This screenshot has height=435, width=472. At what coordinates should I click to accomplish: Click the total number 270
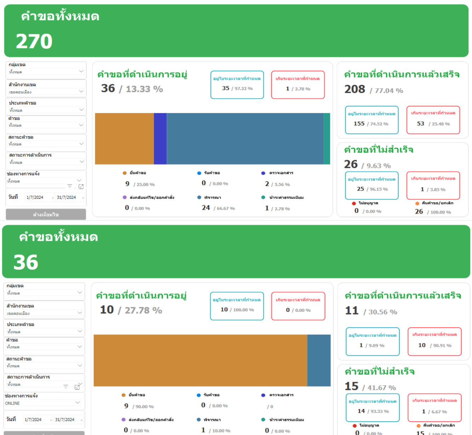[34, 41]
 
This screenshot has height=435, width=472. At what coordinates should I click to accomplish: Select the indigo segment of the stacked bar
[160, 139]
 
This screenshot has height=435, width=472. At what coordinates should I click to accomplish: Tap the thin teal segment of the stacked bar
[327, 139]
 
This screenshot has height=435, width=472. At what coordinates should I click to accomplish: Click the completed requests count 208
[354, 89]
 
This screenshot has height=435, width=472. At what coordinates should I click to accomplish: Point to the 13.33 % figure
[144, 89]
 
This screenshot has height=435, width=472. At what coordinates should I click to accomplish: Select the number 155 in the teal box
[359, 124]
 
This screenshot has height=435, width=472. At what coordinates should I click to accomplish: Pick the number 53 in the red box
[420, 124]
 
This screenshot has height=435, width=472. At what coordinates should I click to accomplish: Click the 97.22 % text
[243, 89]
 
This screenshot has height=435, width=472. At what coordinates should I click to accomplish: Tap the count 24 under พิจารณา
[206, 208]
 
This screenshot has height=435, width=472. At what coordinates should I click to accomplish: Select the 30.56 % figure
[383, 312]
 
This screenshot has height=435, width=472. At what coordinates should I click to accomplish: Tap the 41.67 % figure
[382, 388]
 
